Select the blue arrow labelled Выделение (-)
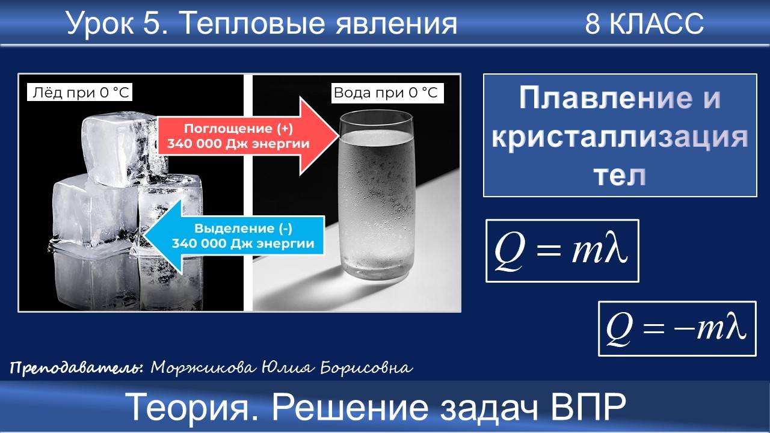tap(235, 236)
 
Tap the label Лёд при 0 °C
tap(79, 93)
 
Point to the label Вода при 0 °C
tap(386, 93)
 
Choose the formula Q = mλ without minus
tap(562, 250)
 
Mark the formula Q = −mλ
tap(676, 328)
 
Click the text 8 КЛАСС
tap(644, 24)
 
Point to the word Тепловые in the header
tap(247, 24)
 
